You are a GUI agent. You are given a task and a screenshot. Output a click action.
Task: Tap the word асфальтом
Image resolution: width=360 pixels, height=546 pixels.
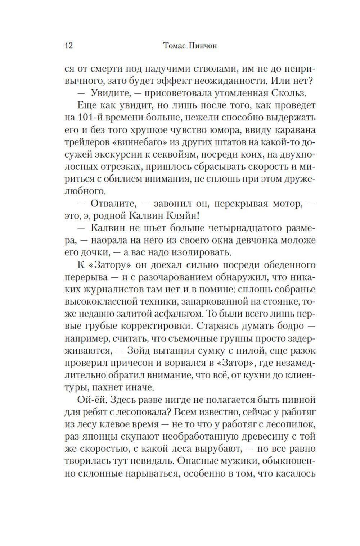179,314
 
